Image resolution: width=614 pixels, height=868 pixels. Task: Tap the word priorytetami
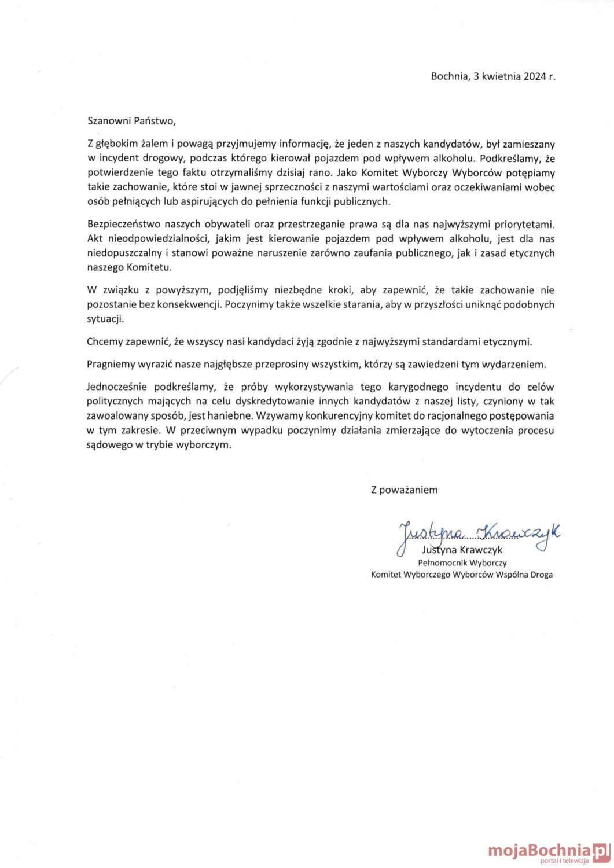(521, 224)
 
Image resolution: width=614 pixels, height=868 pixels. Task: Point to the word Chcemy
(105, 341)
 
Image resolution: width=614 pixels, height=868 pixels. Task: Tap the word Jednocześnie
(117, 387)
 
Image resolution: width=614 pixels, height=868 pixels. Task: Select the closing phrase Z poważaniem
(404, 490)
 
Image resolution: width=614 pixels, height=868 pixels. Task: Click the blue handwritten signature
(478, 534)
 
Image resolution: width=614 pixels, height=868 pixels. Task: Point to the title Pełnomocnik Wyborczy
(462, 562)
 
